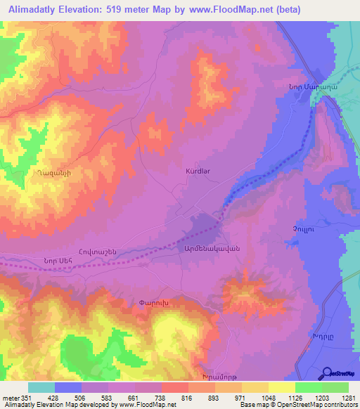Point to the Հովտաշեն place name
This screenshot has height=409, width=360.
coord(115,252)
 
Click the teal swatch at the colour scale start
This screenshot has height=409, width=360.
coord(41,387)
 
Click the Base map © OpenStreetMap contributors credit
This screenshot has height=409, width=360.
coord(298,405)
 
